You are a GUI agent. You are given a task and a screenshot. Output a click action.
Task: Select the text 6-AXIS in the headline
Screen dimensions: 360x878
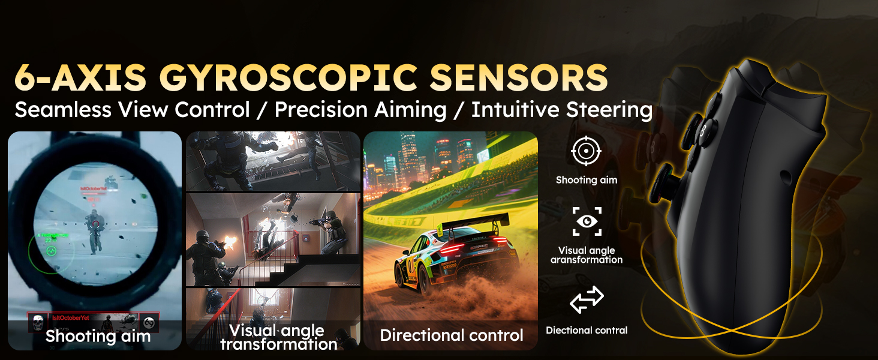(x=80, y=77)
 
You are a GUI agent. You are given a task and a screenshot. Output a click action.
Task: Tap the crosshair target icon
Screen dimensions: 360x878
(x=586, y=151)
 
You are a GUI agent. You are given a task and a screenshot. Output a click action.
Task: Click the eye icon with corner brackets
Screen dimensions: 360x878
(x=586, y=221)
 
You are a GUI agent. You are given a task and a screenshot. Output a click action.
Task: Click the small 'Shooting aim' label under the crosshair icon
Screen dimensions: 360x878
(x=586, y=180)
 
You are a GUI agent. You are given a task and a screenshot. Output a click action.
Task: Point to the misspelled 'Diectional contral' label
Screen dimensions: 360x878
(x=586, y=330)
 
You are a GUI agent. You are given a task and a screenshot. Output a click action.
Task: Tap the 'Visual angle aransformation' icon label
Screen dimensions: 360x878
(x=586, y=255)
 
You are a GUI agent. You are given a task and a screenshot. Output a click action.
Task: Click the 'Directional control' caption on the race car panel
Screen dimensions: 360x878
(x=451, y=335)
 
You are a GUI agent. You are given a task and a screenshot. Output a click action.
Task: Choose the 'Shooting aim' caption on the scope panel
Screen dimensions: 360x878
(x=98, y=336)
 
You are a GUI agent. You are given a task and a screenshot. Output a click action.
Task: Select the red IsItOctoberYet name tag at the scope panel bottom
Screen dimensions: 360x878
(x=70, y=318)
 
